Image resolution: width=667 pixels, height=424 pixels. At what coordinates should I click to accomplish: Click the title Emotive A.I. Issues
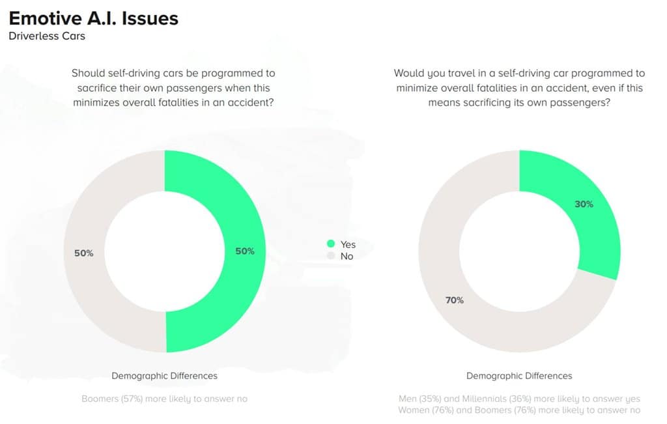pos(93,18)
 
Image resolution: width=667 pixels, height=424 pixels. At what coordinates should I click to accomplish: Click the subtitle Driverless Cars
pos(47,36)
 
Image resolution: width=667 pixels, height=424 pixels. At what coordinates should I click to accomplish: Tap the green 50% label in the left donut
pos(245,251)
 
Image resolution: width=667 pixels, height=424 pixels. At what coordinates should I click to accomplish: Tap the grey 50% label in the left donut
pos(84,253)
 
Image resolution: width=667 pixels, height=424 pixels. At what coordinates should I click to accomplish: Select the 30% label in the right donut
pos(584,204)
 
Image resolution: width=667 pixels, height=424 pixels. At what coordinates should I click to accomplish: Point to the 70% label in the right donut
pos(455,300)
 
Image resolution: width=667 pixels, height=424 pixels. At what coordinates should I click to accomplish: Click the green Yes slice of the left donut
pos(215,195)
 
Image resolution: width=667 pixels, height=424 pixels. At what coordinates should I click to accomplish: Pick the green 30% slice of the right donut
pos(573,176)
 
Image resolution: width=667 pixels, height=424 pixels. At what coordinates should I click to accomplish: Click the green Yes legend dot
pos(330,244)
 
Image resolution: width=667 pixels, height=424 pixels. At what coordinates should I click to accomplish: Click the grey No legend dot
pos(330,256)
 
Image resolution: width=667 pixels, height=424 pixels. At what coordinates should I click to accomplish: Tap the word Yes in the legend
pos(348,244)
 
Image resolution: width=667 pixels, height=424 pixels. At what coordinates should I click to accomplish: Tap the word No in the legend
pos(347,256)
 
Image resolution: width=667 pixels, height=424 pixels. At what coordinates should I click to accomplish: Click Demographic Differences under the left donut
pos(164,376)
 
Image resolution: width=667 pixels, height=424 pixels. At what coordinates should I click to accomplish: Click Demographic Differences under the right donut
pos(519,376)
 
